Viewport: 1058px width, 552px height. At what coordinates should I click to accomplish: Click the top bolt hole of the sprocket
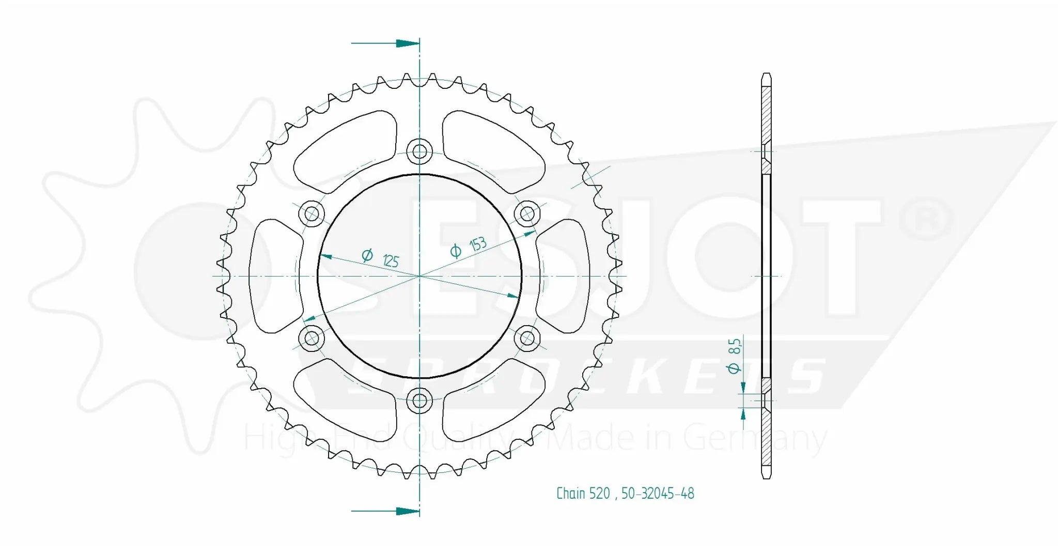(x=419, y=151)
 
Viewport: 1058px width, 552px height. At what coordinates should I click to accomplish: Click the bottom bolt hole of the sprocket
(x=419, y=400)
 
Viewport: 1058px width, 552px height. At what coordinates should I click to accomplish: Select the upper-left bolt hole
(x=312, y=213)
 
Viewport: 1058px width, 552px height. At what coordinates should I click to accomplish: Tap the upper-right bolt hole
(x=527, y=213)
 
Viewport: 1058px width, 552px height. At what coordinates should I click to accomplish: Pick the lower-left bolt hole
(x=312, y=339)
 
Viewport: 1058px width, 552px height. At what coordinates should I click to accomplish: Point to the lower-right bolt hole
(x=527, y=339)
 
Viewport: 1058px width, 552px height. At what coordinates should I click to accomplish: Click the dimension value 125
(x=391, y=260)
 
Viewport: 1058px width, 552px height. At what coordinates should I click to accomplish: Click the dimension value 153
(x=478, y=244)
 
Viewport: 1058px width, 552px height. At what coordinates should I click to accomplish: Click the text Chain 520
(x=583, y=494)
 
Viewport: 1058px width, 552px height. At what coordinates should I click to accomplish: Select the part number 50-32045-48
(x=658, y=494)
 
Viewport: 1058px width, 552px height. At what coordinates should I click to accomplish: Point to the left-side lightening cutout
(x=274, y=276)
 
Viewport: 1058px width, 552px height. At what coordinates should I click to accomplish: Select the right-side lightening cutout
(x=564, y=276)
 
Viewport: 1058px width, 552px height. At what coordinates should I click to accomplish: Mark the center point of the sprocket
(x=419, y=276)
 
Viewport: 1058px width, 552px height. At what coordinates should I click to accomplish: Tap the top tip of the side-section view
(x=767, y=75)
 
